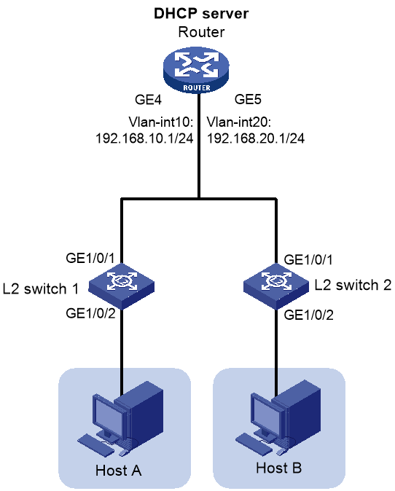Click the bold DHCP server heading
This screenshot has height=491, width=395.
pos(201,14)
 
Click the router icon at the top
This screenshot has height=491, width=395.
pos(196,70)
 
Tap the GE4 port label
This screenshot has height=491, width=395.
pos(148,100)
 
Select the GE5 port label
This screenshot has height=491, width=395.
pos(248,99)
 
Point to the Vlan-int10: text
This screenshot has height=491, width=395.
pos(161,122)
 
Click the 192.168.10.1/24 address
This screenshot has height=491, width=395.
pos(144,138)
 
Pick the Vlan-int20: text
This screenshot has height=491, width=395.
pos(239,122)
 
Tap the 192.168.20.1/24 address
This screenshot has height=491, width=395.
pos(256,138)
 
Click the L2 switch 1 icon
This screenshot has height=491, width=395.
pos(122,286)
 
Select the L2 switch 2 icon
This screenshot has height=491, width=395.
pos(276,286)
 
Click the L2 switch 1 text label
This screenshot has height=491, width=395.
pos(41,288)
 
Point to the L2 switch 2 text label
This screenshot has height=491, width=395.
pos(353,285)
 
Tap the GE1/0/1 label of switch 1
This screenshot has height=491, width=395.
pos(90,259)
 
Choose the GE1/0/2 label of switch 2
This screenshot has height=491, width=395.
pos(308,315)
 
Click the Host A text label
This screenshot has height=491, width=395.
pos(118,471)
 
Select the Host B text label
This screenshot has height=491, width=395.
pos(279,468)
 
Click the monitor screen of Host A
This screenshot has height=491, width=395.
pos(109,415)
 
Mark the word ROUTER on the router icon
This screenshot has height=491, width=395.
pos(197,87)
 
